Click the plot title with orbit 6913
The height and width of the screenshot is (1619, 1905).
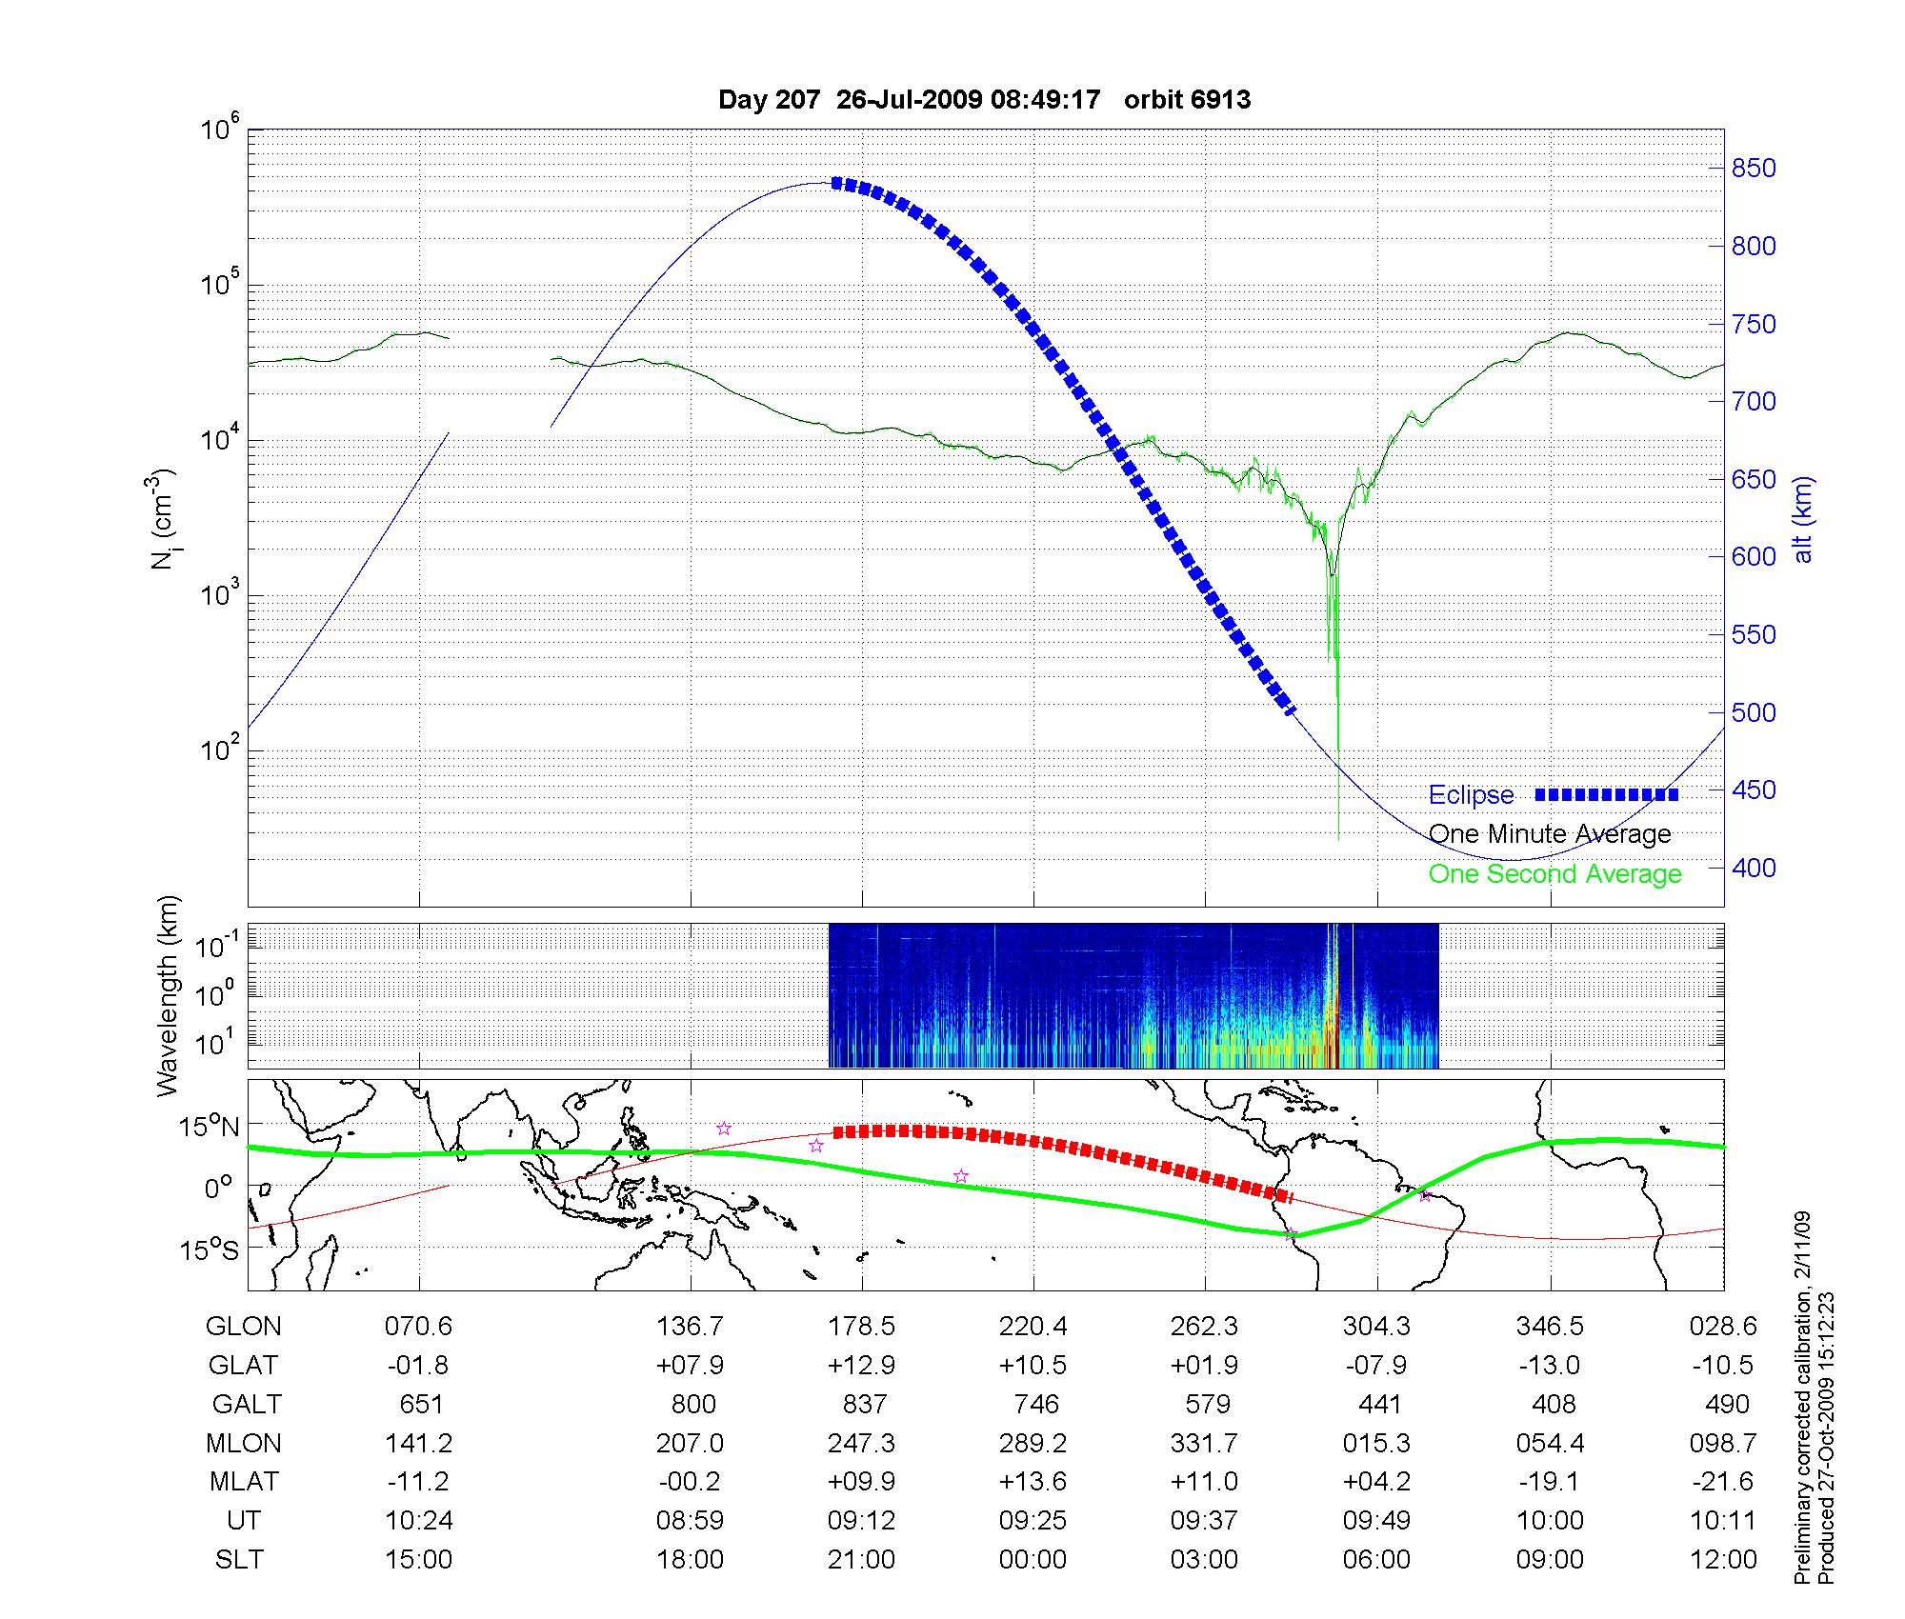pyautogui.click(x=984, y=100)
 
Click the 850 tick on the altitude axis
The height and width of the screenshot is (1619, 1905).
pyautogui.click(x=1753, y=169)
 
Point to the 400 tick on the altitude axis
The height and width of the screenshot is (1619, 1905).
pyautogui.click(x=1753, y=868)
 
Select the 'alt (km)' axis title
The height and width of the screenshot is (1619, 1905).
pyautogui.click(x=1803, y=519)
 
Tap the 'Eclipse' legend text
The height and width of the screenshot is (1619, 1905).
pyautogui.click(x=1471, y=795)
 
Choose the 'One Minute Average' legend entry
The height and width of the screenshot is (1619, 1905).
pyautogui.click(x=1550, y=834)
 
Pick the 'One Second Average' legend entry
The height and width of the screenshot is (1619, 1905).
pyautogui.click(x=1554, y=874)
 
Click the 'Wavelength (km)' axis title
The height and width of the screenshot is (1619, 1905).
pyautogui.click(x=168, y=995)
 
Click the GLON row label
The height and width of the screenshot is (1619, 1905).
pyautogui.click(x=244, y=1327)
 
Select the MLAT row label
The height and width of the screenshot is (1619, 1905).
pyautogui.click(x=244, y=1482)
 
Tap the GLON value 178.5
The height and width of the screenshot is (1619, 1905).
pyautogui.click(x=862, y=1327)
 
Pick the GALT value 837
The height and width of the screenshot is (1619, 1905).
pyautogui.click(x=864, y=1405)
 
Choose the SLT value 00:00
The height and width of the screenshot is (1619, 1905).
pyautogui.click(x=1033, y=1560)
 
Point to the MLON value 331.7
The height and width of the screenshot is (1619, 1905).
pyautogui.click(x=1205, y=1444)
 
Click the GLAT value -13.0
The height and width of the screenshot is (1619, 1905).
pyautogui.click(x=1550, y=1366)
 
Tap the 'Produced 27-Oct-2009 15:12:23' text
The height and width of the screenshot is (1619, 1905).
pyautogui.click(x=1826, y=1438)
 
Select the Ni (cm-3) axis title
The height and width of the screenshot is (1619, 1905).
pyautogui.click(x=164, y=519)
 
